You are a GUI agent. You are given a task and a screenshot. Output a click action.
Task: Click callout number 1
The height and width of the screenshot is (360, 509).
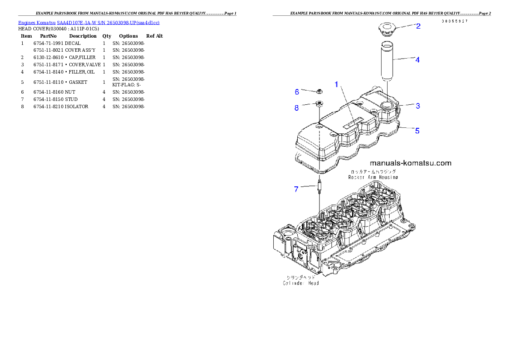pyautogui.click(x=337, y=85)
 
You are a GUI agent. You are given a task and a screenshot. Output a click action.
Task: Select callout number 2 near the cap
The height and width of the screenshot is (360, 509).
pyautogui.click(x=418, y=26)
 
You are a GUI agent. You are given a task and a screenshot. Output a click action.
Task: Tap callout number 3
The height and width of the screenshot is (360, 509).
pyautogui.click(x=418, y=106)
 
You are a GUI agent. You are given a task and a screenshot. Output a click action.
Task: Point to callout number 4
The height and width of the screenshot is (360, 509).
pyautogui.click(x=417, y=60)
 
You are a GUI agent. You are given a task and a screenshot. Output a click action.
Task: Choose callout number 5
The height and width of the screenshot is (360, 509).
pyautogui.click(x=417, y=130)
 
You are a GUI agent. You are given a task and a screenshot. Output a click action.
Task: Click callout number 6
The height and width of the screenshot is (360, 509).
pyautogui.click(x=297, y=91)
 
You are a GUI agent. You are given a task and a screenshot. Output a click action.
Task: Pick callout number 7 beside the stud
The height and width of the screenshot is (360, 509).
pyautogui.click(x=296, y=189)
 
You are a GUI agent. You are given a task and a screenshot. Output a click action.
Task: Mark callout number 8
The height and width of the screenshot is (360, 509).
pyautogui.click(x=297, y=108)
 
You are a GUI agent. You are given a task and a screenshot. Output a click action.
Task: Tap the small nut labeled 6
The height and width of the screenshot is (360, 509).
pyautogui.click(x=319, y=91)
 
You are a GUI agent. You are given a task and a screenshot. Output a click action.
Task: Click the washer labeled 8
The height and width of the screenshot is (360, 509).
pyautogui.click(x=319, y=103)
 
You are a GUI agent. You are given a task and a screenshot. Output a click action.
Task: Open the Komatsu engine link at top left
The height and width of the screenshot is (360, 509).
pyautogui.click(x=89, y=23)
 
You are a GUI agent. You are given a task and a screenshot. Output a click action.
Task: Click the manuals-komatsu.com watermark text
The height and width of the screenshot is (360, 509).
pyautogui.click(x=410, y=163)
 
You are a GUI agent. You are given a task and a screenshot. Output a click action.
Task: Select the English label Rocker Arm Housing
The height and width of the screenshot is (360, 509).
pyautogui.click(x=373, y=177)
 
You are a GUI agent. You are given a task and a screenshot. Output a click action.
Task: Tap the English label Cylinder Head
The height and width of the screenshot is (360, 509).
pyautogui.click(x=301, y=283)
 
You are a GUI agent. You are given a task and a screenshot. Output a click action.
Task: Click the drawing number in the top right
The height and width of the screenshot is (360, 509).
pyautogui.click(x=454, y=21)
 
